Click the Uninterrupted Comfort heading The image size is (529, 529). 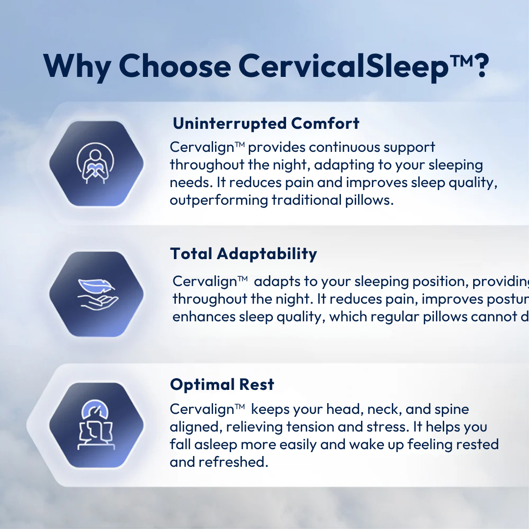(266, 123)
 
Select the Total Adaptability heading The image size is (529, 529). (243, 254)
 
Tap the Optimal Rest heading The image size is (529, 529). (222, 385)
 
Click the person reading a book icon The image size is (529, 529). (96, 164)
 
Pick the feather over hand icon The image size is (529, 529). (96, 294)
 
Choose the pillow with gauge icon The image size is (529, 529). (96, 425)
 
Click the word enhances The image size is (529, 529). (203, 317)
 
